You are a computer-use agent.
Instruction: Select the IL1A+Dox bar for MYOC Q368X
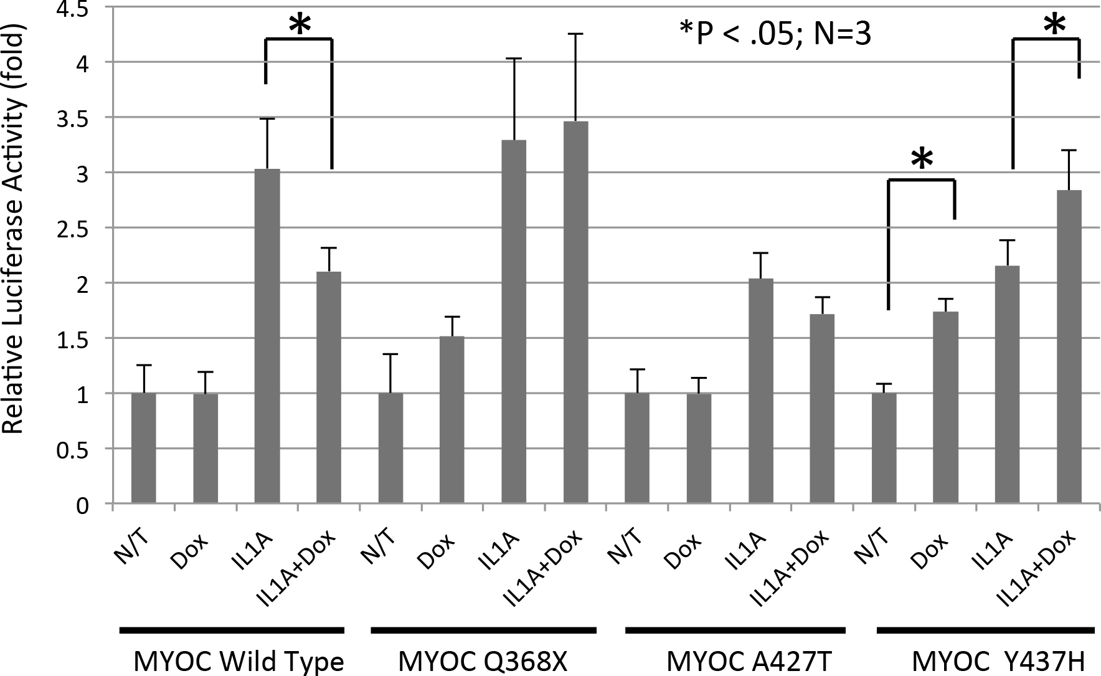coord(575,312)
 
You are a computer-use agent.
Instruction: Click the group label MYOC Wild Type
coord(239,662)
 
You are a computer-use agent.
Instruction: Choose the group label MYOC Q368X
coord(483,662)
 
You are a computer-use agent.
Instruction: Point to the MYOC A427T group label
coord(739,662)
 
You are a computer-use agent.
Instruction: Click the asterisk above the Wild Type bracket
coord(299,25)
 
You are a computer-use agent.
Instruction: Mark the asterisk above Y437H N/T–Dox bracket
coord(921,159)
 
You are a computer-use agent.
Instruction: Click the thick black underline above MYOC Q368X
coord(484,631)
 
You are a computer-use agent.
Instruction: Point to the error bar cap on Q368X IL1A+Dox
coord(575,34)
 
